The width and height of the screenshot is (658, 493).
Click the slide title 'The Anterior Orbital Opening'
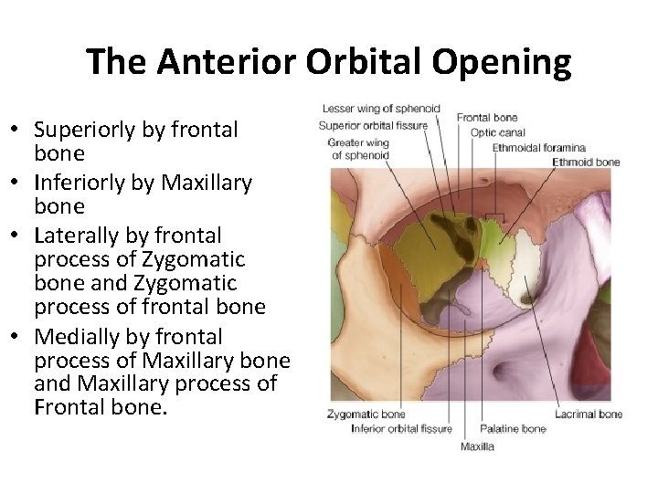coord(329,63)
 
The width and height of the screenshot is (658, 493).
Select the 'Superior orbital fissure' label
coord(374,125)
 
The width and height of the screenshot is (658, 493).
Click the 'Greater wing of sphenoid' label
coord(360,149)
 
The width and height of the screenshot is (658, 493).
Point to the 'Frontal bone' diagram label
coord(487,117)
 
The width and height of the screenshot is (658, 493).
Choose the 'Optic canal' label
coord(496,132)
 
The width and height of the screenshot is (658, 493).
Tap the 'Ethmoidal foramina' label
coord(538,147)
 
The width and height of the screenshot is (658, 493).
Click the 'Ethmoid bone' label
coord(586,162)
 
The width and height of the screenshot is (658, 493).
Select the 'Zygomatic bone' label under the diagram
coord(366,414)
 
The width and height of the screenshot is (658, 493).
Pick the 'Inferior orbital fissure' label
coord(401,428)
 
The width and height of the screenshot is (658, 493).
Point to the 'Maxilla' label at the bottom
coord(477,446)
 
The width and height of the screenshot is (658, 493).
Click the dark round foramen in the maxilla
coord(505,371)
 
